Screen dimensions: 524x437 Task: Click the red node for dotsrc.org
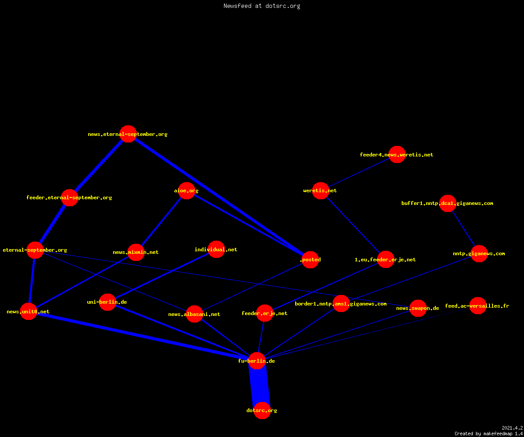pos(262,410)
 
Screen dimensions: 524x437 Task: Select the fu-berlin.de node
pos(257,361)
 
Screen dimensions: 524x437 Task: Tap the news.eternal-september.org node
pos(128,134)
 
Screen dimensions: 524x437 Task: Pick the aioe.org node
pos(186,191)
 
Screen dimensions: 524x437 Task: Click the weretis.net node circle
pos(321,191)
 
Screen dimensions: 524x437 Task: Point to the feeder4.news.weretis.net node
pos(397,154)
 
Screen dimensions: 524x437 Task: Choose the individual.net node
pos(216,250)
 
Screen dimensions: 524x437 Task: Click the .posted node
pos(310,260)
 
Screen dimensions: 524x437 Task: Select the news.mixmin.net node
pos(136,252)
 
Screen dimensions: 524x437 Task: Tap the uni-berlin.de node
pos(107,302)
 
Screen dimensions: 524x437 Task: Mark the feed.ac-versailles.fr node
pos(478,305)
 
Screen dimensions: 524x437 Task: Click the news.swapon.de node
pos(418,308)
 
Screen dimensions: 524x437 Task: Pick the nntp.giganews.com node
pos(479,253)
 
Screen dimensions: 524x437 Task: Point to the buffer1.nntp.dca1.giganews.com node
pos(448,204)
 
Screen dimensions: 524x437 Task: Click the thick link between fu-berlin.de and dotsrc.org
pos(259,386)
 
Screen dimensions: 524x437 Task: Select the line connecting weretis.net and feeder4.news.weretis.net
pos(359,173)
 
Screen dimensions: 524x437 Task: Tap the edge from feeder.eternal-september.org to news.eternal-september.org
pos(99,166)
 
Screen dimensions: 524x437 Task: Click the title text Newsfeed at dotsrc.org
pos(262,6)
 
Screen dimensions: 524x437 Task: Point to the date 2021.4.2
pos(512,428)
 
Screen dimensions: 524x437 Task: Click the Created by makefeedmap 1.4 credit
pos(489,434)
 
